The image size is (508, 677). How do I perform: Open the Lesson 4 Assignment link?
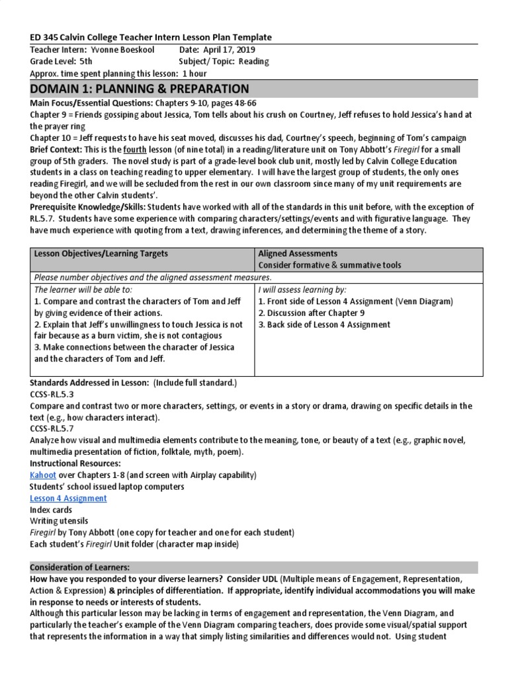tap(68, 498)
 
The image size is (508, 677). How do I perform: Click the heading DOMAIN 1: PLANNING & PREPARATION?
tap(140, 89)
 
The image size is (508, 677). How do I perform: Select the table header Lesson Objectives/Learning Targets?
tap(101, 253)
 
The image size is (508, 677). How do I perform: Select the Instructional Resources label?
tap(75, 463)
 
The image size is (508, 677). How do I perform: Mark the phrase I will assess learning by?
tap(302, 290)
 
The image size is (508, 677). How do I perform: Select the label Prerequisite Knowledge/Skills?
tap(83, 208)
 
